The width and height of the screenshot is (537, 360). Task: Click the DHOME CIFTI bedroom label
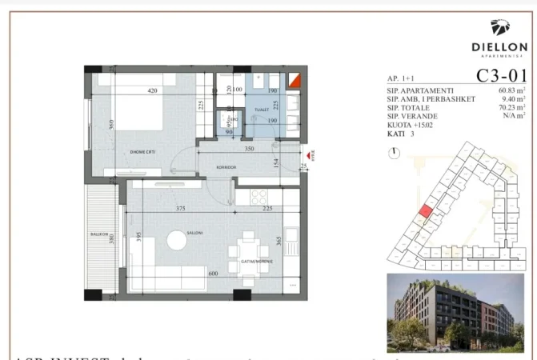coord(130,154)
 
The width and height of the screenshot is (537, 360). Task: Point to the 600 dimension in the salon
coord(213,274)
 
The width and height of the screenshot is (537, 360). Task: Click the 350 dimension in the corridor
coord(249,149)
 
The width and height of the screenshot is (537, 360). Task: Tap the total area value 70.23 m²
coord(509,108)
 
